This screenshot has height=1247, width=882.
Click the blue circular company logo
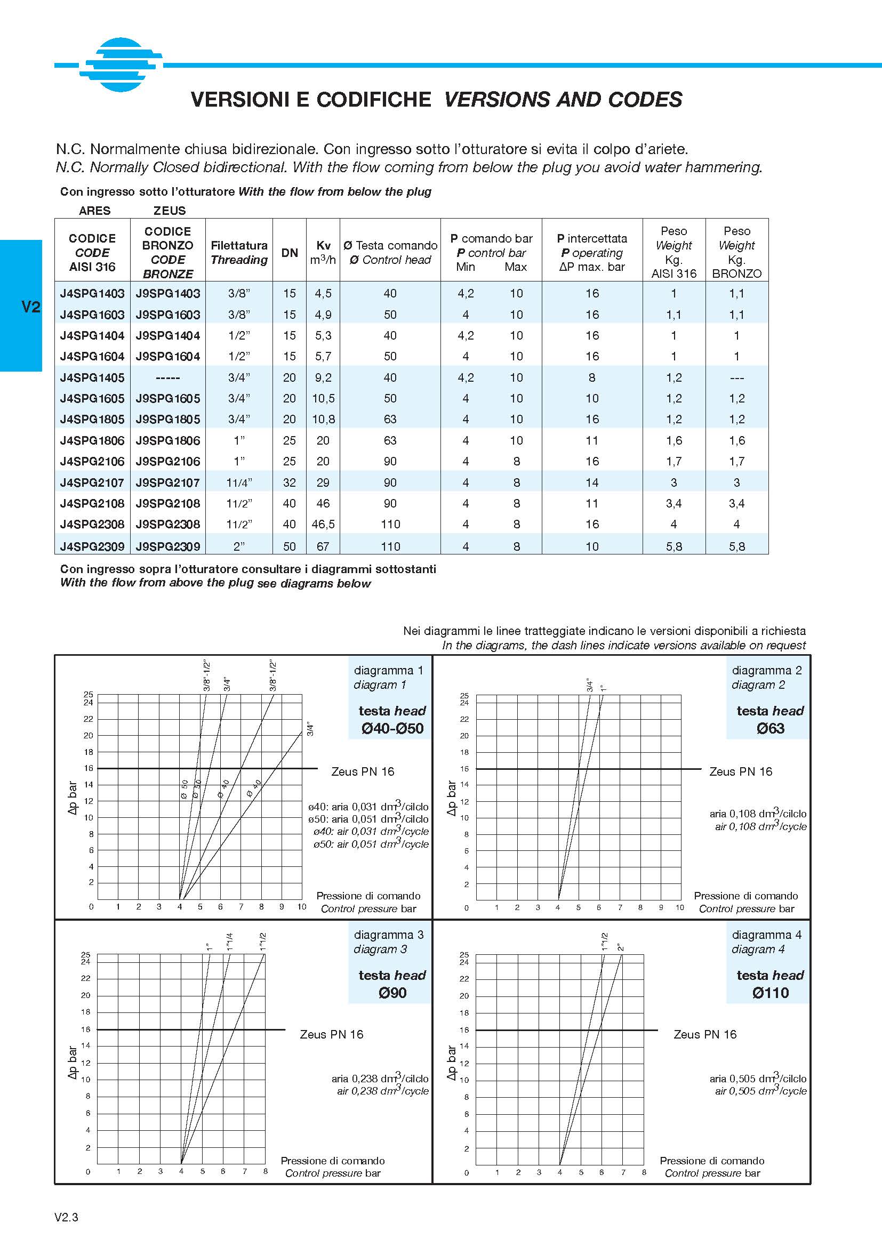[x=121, y=65]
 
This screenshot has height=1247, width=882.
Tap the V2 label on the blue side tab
[x=30, y=307]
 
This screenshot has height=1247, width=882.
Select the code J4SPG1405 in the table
[x=92, y=377]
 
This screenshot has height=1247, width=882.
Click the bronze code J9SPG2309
[x=168, y=546]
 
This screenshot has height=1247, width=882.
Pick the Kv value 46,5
[x=323, y=524]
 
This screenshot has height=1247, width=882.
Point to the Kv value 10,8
[x=323, y=419]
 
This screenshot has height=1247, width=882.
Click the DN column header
[x=290, y=253]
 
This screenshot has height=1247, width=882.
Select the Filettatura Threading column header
[x=239, y=253]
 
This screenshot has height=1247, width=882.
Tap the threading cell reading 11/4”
[x=239, y=482]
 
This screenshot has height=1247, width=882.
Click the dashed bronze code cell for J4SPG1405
[x=168, y=377]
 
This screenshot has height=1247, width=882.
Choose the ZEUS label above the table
[x=170, y=211]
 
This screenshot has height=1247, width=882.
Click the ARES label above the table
[x=94, y=211]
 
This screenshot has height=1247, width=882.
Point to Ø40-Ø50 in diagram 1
[x=392, y=728]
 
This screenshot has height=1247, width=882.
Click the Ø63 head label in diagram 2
[x=770, y=728]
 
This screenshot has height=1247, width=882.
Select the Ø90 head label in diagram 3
[x=392, y=993]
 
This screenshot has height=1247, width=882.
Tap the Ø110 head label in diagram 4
[x=770, y=993]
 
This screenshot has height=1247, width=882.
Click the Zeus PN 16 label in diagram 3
[x=331, y=1034]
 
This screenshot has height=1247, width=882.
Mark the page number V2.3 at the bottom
[x=66, y=1217]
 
